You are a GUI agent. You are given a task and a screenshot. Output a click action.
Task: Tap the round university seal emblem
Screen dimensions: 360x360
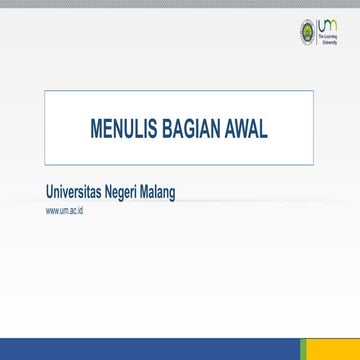tap(306, 31)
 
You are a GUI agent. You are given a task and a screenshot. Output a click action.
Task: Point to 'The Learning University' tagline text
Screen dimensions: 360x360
tap(327, 40)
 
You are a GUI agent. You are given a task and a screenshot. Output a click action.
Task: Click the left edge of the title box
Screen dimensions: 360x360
tap(45, 127)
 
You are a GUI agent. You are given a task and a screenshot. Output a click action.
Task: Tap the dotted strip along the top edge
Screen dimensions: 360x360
tap(180, 3)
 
